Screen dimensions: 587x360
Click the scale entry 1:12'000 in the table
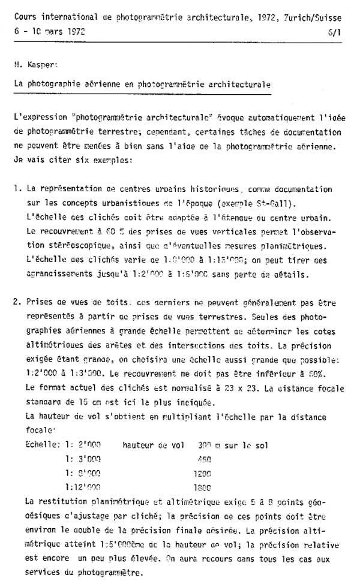(x=82, y=487)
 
